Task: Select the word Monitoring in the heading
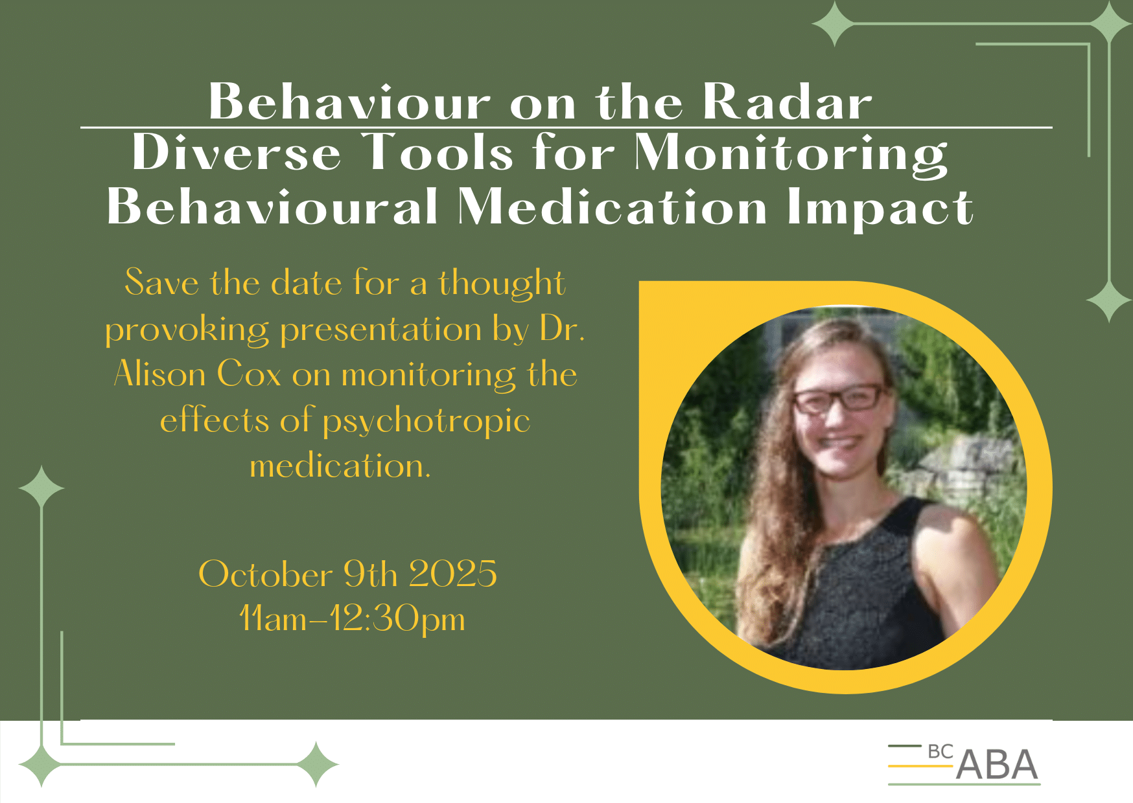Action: coord(791,155)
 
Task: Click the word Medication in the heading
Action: coord(613,207)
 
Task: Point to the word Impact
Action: coord(880,209)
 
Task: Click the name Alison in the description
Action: coord(160,374)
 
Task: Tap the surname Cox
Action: coord(250,374)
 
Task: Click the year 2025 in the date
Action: coord(453,574)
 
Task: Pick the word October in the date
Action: coord(266,574)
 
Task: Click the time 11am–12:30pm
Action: coord(352,619)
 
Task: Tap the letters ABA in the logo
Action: coord(997,765)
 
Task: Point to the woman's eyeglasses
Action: coord(839,397)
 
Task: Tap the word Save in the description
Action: coord(162,283)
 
